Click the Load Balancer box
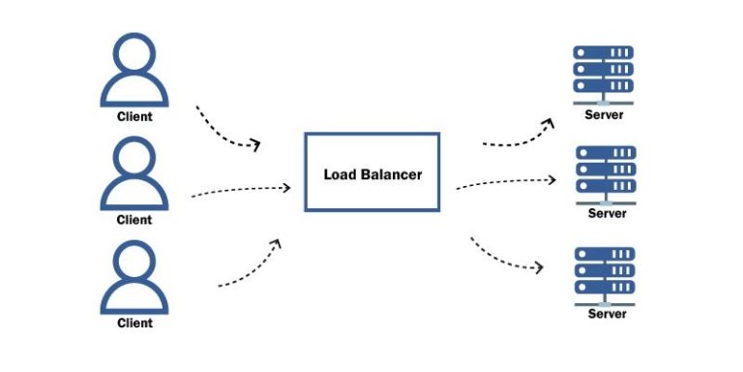[371, 171]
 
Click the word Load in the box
[340, 174]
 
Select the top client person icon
[134, 71]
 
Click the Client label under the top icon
[134, 116]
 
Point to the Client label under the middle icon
[134, 220]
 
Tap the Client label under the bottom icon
[134, 323]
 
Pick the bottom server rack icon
[604, 274]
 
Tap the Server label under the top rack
[605, 115]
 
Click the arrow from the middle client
[242, 190]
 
